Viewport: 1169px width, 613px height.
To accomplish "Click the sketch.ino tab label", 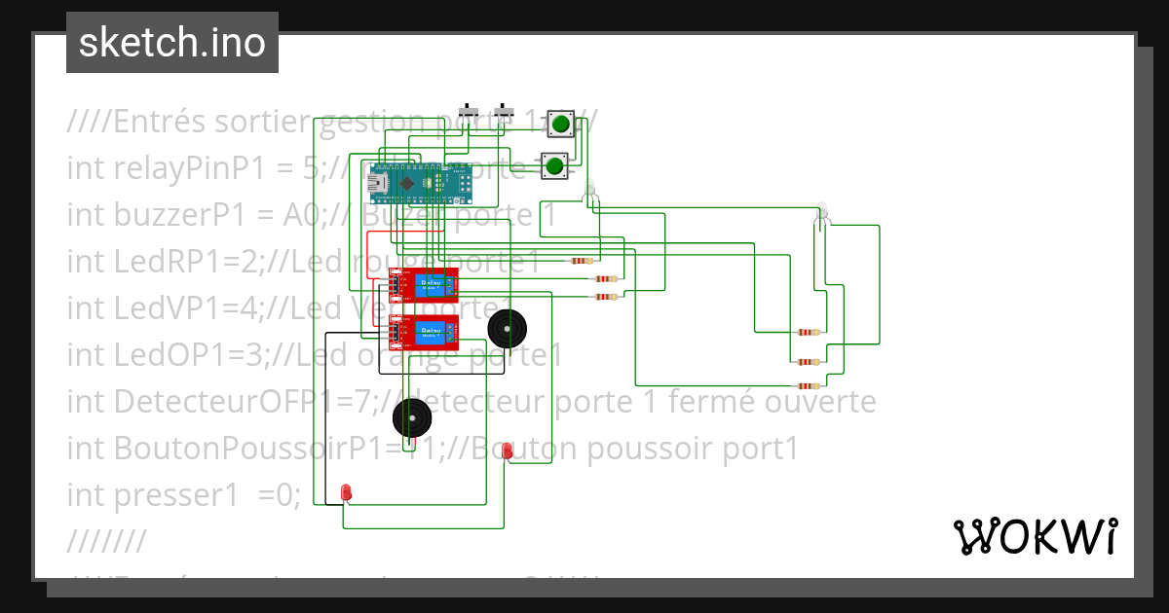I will tap(171, 43).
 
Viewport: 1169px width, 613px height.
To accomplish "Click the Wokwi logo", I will tap(1035, 536).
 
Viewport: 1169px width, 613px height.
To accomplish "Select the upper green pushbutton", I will tap(560, 124).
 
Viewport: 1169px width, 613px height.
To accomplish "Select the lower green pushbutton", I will tap(554, 165).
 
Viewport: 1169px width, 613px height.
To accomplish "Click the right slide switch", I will tap(504, 113).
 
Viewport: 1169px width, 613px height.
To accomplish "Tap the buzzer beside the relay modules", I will tap(507, 329).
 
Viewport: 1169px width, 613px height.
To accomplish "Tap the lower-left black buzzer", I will tap(412, 418).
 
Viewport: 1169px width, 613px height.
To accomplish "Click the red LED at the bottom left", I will tap(347, 492).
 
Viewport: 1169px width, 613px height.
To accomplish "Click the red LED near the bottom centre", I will tap(507, 451).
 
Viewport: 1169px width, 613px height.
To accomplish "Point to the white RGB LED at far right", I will tap(821, 212).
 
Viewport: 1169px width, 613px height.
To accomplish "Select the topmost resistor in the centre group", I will tap(582, 261).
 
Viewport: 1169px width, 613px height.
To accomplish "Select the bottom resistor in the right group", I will tap(808, 386).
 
